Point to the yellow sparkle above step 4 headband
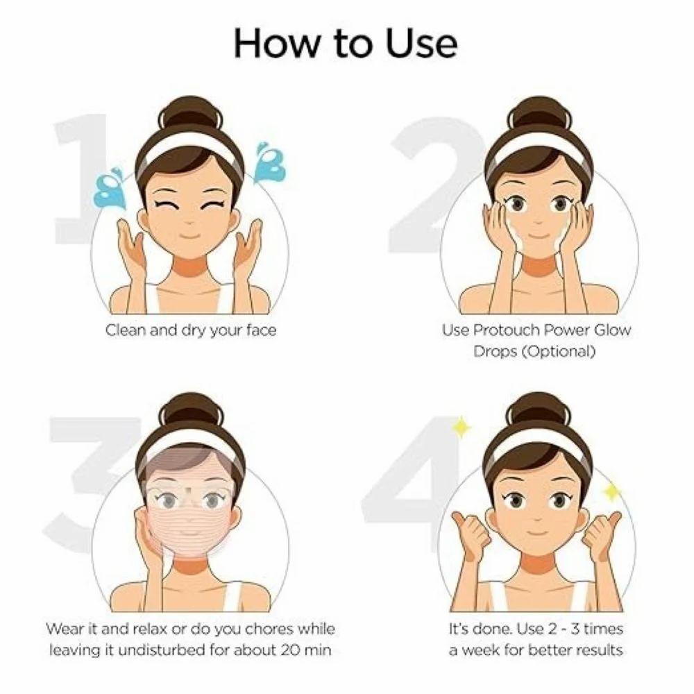(460, 428)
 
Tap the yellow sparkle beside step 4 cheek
(611, 492)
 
